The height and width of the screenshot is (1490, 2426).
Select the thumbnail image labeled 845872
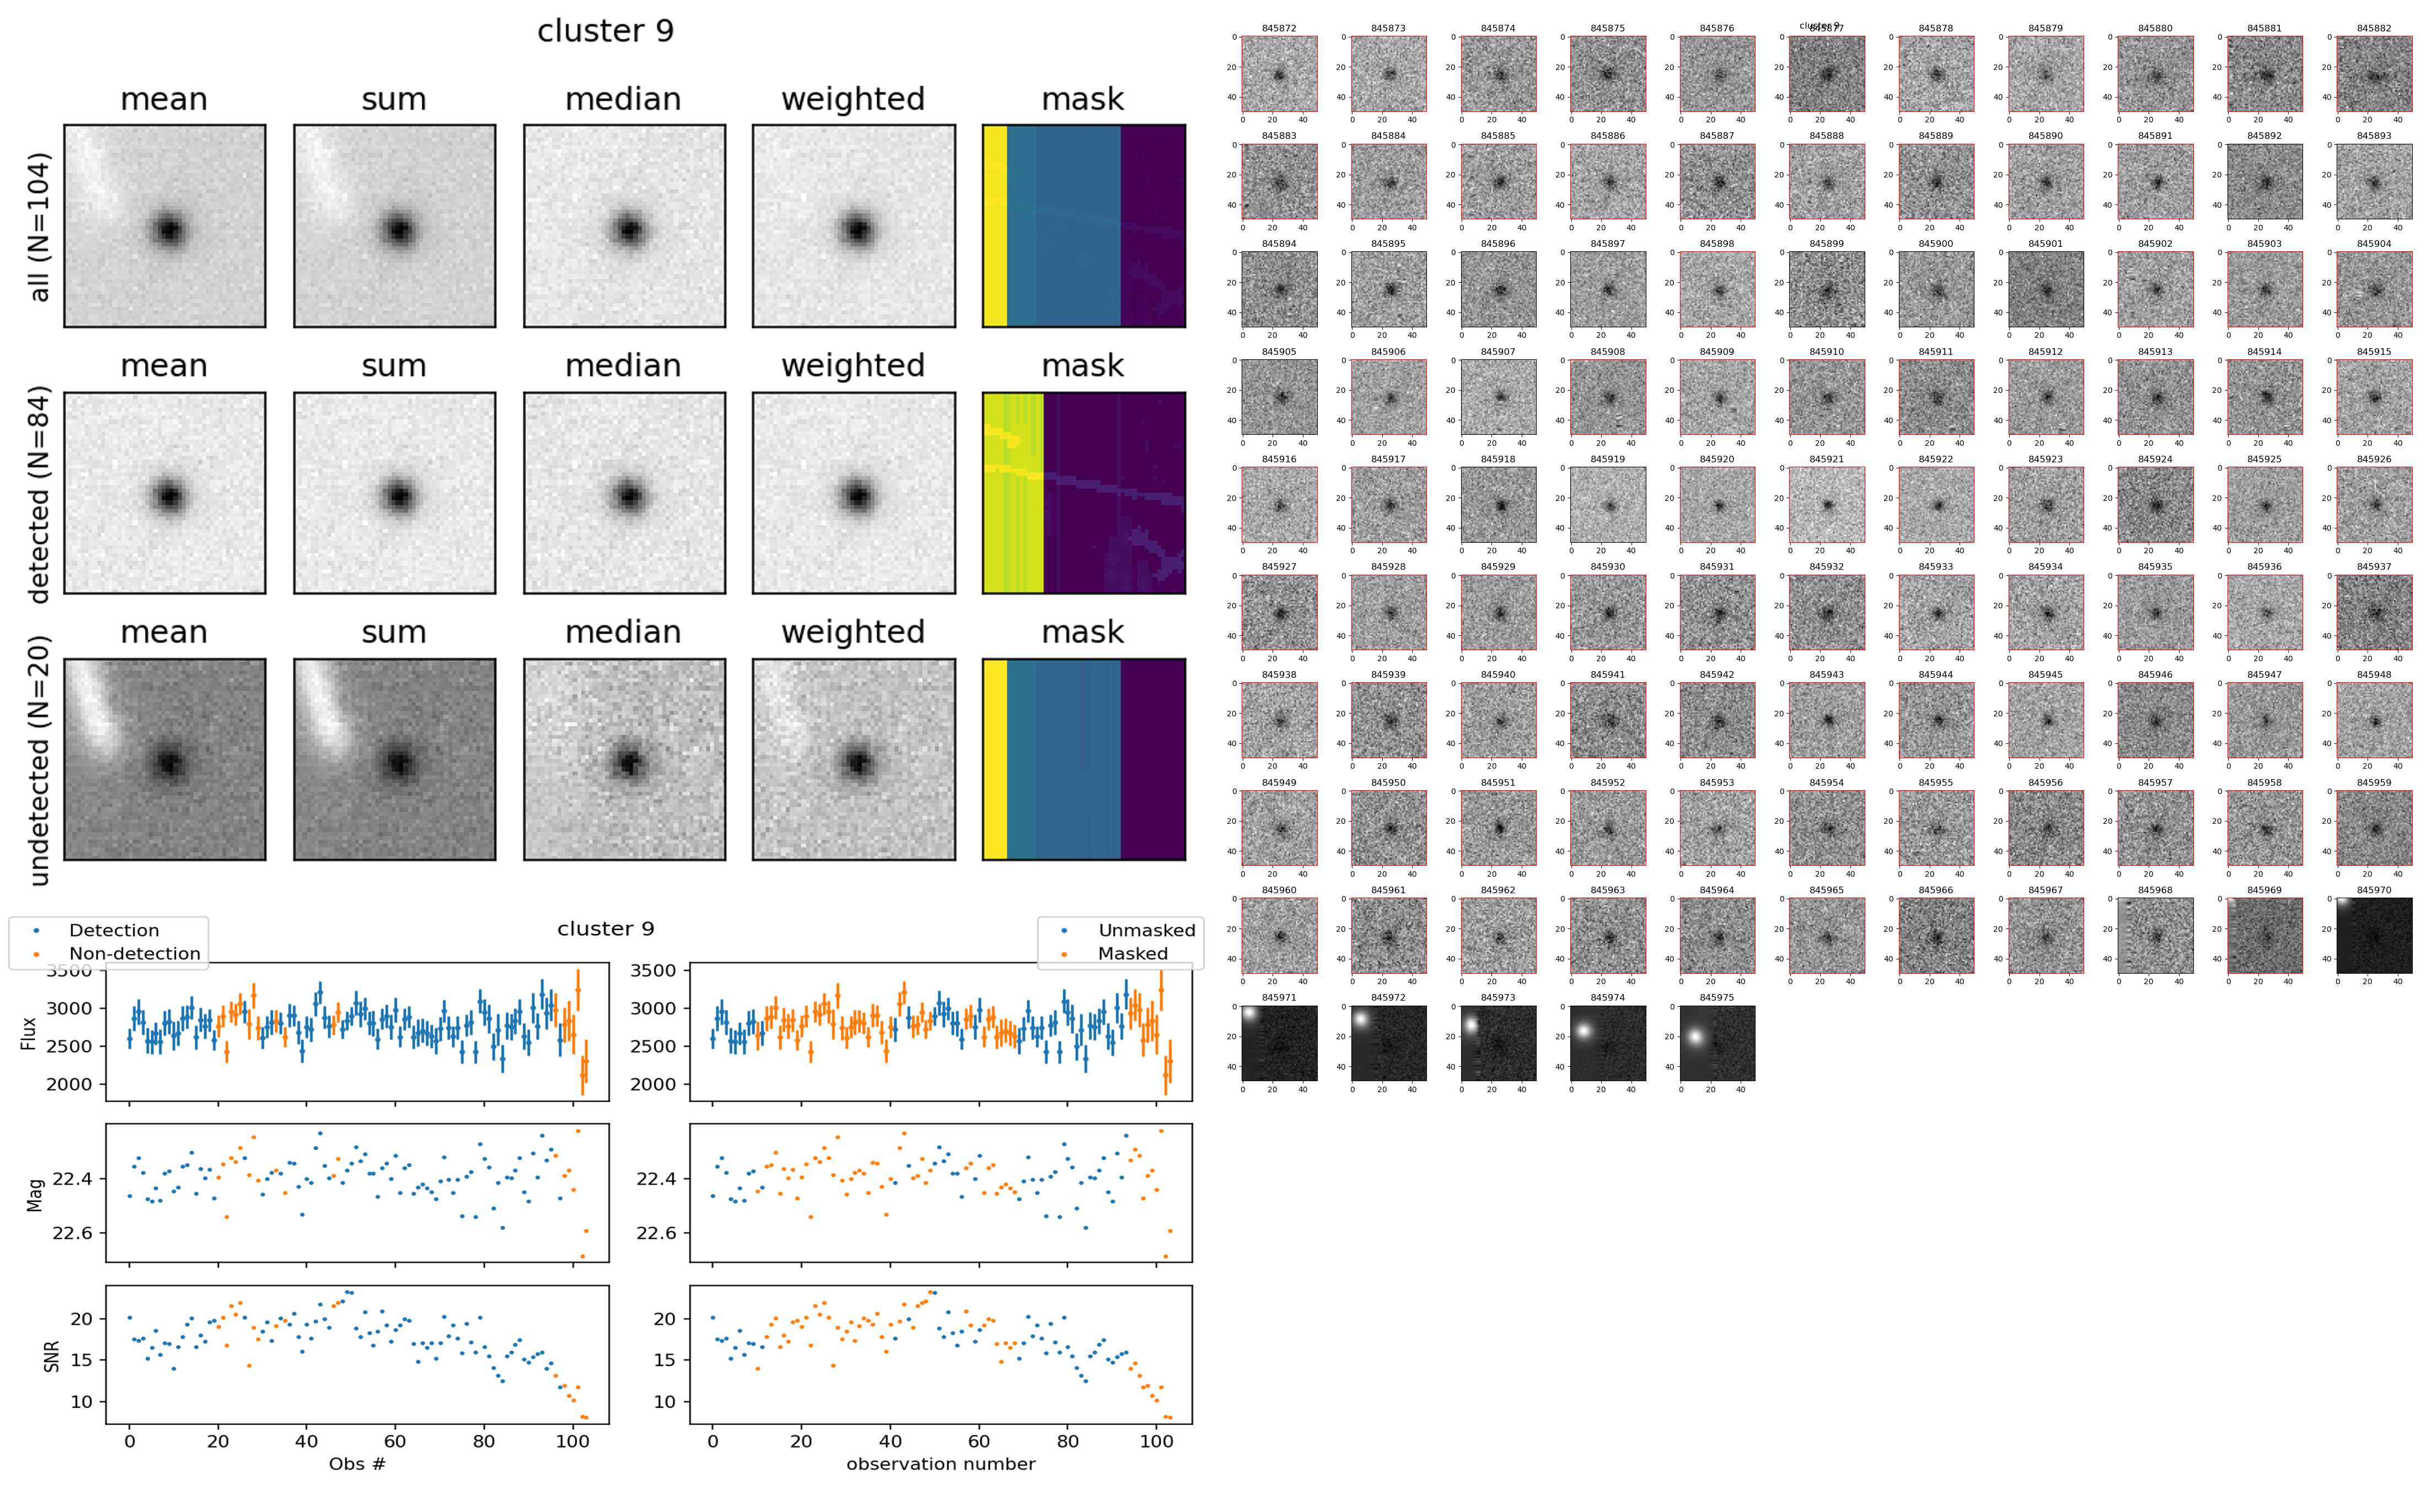pos(1279,74)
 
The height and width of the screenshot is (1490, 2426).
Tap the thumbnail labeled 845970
pos(2374,934)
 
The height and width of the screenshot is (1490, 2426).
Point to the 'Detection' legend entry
pos(114,930)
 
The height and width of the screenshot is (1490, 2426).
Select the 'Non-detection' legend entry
pos(134,953)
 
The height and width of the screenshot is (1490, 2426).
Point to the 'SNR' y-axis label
pos(51,1356)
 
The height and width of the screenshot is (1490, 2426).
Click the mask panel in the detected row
pos(1083,493)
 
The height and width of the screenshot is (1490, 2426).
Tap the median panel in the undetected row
pos(624,760)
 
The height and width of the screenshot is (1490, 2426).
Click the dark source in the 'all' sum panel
pos(398,230)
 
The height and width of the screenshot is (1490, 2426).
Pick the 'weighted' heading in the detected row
pos(853,365)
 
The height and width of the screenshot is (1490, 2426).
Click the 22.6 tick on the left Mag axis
pos(72,1233)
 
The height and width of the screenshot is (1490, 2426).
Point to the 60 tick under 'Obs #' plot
pos(394,1441)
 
